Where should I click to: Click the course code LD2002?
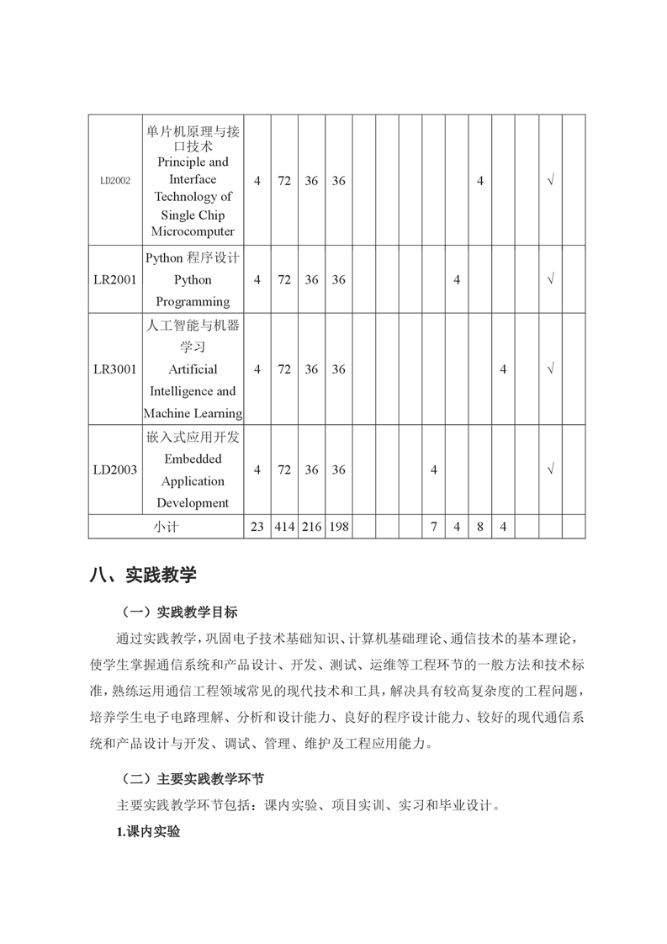114,180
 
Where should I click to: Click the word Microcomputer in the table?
193,231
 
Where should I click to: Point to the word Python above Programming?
193,279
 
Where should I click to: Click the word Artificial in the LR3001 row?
193,369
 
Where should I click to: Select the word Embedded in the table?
193,459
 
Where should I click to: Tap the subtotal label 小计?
166,527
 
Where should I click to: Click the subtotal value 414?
284,527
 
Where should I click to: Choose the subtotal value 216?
311,527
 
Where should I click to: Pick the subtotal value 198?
338,527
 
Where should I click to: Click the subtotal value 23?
257,527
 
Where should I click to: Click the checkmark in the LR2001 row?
550,279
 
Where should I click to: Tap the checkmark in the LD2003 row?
550,469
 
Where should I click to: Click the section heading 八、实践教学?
142,575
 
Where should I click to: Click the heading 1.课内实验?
148,832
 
